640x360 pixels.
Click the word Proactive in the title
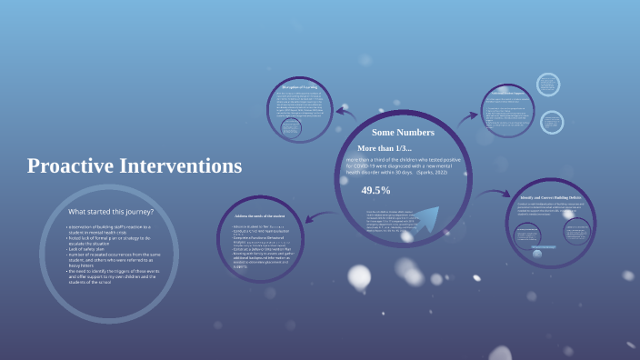coord(69,166)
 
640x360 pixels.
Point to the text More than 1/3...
coord(384,148)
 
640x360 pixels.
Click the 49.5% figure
coord(375,190)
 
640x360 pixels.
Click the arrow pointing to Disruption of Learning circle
coord(345,112)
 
